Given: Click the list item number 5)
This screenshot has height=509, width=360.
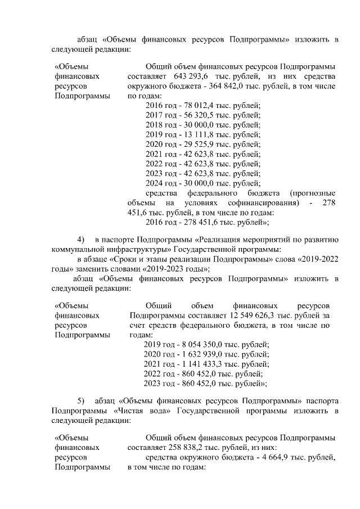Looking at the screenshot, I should (x=80, y=400).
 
